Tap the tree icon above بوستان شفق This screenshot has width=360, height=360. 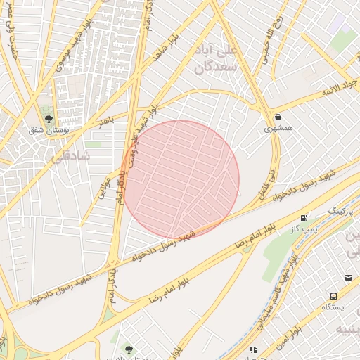[x=49, y=119]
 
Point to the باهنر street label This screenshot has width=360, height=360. [x=105, y=120]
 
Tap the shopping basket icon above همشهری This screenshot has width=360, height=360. [x=279, y=117]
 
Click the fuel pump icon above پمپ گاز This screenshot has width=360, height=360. [x=304, y=218]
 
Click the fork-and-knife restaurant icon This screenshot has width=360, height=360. [x=253, y=349]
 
